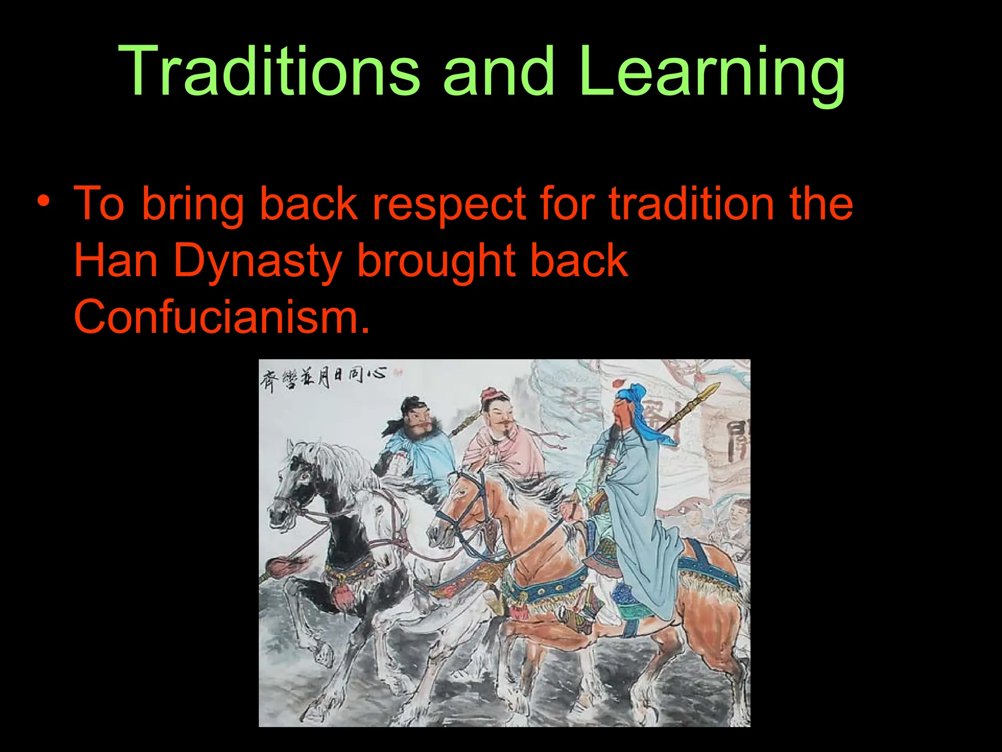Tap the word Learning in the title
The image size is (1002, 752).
[712, 73]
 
